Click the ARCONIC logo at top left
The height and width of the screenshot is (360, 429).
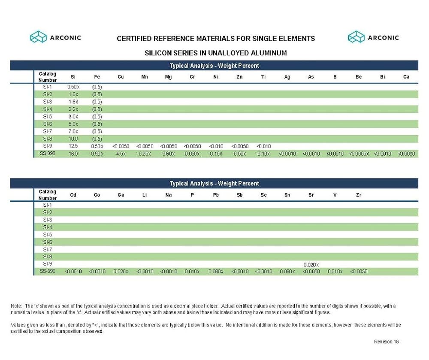55,37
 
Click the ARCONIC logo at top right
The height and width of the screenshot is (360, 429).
373,37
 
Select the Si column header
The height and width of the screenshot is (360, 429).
73,77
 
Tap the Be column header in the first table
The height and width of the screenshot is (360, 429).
359,77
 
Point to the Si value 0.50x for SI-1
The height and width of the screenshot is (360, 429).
73,87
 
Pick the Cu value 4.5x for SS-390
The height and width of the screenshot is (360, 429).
121,154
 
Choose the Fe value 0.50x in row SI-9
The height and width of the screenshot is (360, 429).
97,146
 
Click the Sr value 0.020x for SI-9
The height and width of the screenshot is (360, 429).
311,265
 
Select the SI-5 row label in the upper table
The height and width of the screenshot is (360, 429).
48,117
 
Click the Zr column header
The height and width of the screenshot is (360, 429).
359,195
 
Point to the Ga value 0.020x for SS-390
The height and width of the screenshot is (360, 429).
121,272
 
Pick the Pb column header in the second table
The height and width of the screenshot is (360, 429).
216,195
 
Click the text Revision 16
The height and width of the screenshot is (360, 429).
387,342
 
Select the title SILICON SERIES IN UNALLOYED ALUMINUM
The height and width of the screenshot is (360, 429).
216,53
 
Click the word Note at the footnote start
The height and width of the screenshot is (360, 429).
16,306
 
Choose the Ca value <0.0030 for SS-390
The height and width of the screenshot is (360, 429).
406,154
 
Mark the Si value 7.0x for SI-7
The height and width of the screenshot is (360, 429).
73,131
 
